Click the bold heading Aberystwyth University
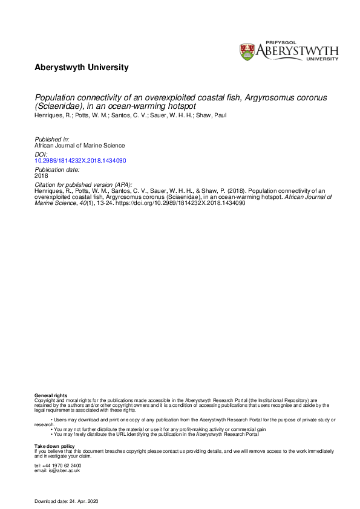pyautogui.click(x=82, y=68)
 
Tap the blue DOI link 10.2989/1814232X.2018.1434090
pyautogui.click(x=80, y=161)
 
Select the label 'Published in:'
pyautogui.click(x=51, y=139)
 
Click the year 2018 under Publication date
pyautogui.click(x=41, y=176)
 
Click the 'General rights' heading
pyautogui.click(x=51, y=395)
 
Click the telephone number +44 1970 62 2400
pyautogui.click(x=58, y=465)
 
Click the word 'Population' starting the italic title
pyautogui.click(x=55, y=96)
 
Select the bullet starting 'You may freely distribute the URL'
pyautogui.click(x=156, y=434)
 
